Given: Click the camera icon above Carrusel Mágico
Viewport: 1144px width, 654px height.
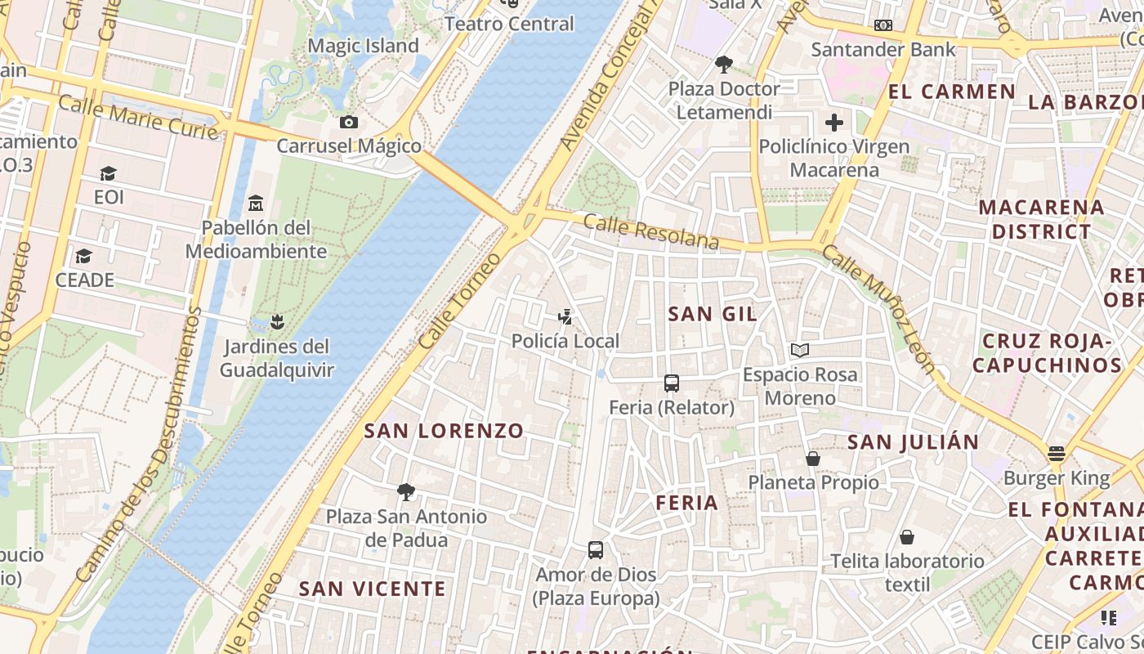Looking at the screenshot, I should click(x=349, y=123).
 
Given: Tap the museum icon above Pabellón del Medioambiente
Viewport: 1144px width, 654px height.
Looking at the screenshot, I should click(x=256, y=202).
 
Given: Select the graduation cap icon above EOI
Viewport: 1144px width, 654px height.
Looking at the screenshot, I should click(x=108, y=173).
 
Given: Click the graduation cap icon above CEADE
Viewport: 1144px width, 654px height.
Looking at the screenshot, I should click(x=83, y=257).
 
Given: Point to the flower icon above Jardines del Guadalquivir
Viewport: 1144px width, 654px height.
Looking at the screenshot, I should click(x=278, y=322).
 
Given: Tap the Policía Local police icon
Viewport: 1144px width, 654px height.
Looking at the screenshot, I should click(x=565, y=316).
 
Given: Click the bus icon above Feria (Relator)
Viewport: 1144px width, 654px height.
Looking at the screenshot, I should click(x=672, y=383).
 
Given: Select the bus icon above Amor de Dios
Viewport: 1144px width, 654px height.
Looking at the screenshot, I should click(x=596, y=550).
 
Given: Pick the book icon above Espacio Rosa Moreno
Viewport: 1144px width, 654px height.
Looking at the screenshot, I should click(x=800, y=351).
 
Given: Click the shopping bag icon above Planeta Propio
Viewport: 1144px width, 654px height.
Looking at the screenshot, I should click(x=813, y=459).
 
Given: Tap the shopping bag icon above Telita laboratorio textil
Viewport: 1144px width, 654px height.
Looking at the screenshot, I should click(x=907, y=537).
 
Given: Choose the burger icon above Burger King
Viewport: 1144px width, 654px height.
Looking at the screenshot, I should click(x=1057, y=454).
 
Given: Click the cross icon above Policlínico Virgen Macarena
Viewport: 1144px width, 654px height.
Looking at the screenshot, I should click(x=834, y=123).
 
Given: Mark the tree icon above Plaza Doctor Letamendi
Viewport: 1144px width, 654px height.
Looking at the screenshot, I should click(x=723, y=64).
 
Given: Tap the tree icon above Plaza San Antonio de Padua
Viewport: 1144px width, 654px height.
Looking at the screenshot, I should click(x=405, y=492).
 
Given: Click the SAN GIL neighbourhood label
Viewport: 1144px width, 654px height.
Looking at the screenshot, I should click(x=713, y=314).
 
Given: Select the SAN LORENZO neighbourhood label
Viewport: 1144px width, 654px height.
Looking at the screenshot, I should click(x=444, y=431).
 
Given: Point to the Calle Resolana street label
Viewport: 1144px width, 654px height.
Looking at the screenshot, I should click(x=651, y=232).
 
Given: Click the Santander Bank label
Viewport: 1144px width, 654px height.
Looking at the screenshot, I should click(x=883, y=50).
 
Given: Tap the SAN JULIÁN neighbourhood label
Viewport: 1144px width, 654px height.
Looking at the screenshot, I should click(x=913, y=442).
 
